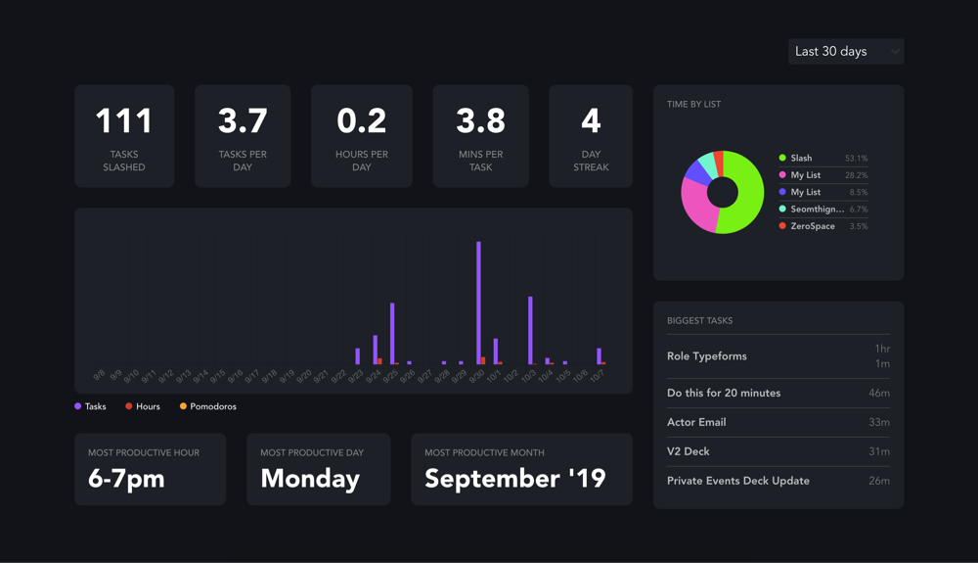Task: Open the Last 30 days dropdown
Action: coord(845,52)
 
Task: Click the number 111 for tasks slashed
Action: coord(124,121)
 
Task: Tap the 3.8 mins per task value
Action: coord(480,121)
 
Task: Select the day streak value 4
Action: coord(591,121)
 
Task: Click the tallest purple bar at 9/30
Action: coord(478,304)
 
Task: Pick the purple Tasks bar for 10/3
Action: coord(530,331)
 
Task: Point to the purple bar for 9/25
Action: coord(392,334)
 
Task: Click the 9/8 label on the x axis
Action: coord(99,375)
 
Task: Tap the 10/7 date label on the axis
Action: coord(597,376)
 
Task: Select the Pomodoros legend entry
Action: coord(208,406)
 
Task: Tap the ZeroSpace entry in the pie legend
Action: coord(812,226)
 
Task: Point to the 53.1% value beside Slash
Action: coord(856,159)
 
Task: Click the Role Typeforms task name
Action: coord(707,356)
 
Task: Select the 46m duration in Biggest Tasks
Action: coord(878,394)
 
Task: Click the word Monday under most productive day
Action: coord(310,479)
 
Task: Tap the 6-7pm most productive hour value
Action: coord(126,479)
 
